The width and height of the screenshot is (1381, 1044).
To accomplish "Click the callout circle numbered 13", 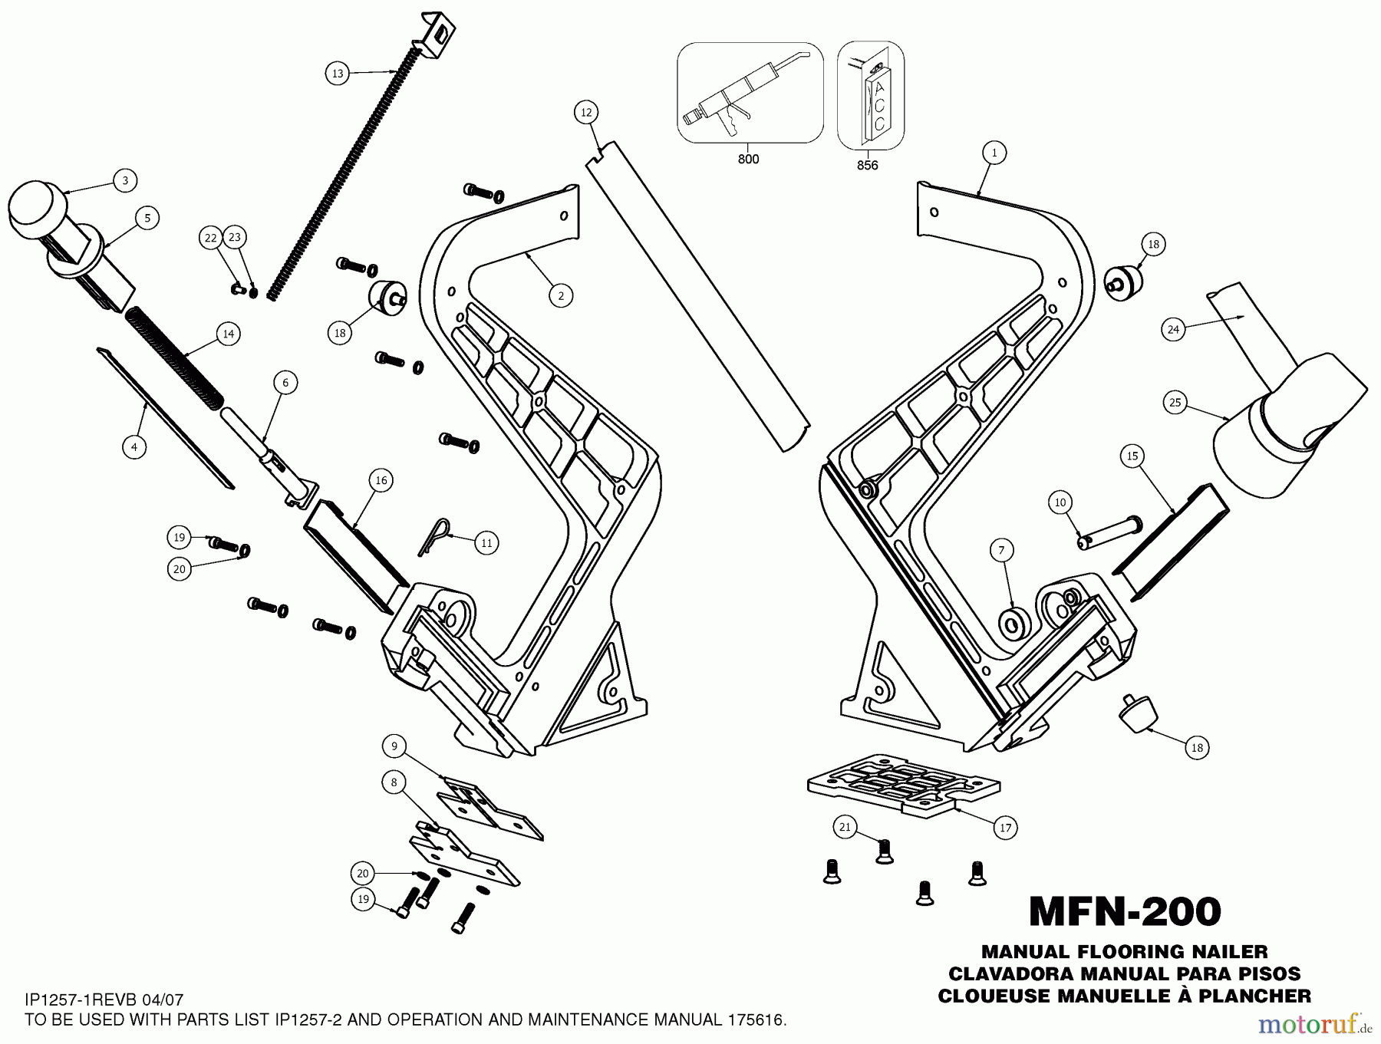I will click(x=338, y=74).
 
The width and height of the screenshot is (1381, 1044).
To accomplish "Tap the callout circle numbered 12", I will click(x=586, y=113).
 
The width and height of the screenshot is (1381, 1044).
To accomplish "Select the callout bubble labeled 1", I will click(x=994, y=153).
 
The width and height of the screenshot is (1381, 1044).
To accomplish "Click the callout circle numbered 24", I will click(x=1173, y=330).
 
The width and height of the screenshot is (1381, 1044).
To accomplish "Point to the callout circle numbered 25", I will click(x=1175, y=403).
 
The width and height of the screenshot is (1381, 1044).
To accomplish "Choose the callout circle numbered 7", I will click(x=1001, y=550).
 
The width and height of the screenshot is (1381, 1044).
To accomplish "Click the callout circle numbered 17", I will click(x=1005, y=828).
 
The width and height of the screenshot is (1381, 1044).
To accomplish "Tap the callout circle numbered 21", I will click(x=845, y=826).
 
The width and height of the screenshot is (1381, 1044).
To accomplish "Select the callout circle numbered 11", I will click(x=486, y=543).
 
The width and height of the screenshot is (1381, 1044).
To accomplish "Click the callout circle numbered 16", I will click(x=381, y=480).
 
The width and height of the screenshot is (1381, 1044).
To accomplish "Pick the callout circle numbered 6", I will click(x=285, y=383).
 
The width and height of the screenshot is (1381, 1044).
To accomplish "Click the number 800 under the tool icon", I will click(x=748, y=160).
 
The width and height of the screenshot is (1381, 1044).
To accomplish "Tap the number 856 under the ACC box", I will click(x=867, y=166).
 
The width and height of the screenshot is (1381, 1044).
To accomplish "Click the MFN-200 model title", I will click(x=1124, y=912).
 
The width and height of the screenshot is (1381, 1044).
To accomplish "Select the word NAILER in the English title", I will click(x=1226, y=952).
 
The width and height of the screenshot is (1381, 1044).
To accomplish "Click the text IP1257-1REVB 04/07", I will click(x=104, y=1000).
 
